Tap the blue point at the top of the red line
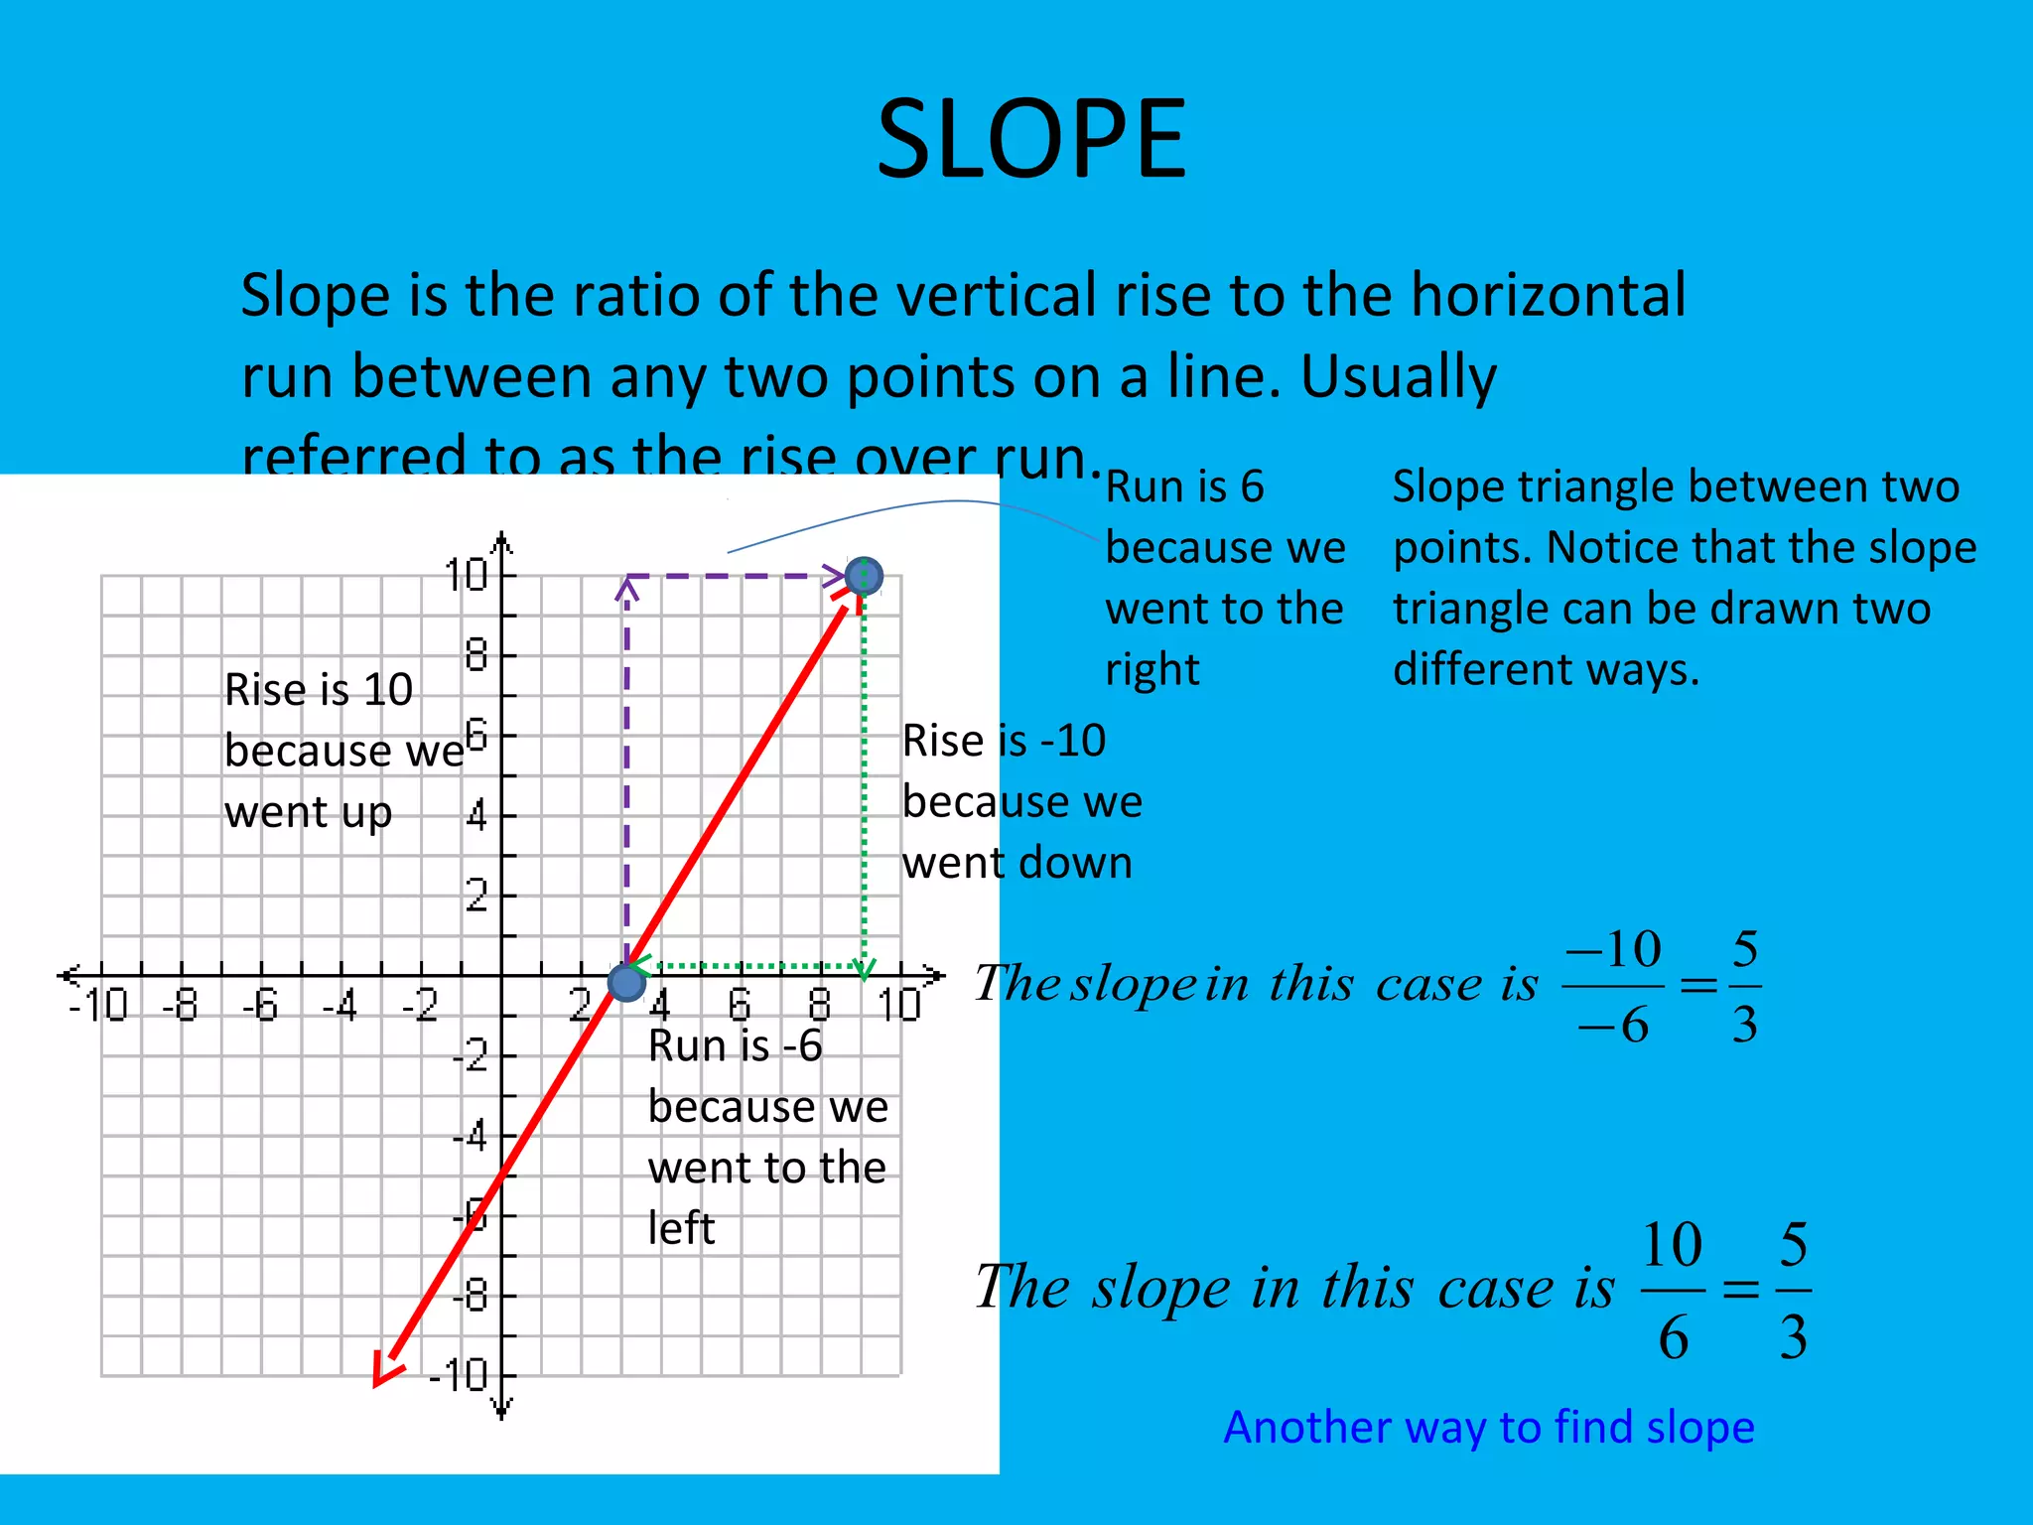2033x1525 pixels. click(x=864, y=576)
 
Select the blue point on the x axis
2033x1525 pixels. click(x=626, y=982)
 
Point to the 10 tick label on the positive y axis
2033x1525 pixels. click(x=466, y=575)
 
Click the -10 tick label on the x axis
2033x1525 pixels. click(x=98, y=1006)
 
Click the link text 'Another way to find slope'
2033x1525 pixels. click(x=1489, y=1427)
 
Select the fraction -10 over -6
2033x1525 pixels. click(x=1613, y=986)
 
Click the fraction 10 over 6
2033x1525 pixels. click(x=1673, y=1290)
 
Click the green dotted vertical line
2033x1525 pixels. click(x=865, y=774)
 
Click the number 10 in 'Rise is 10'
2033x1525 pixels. click(x=387, y=690)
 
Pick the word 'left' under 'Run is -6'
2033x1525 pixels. click(x=681, y=1228)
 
